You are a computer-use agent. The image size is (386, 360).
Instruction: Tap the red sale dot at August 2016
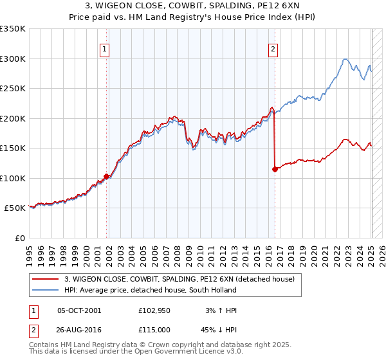tap(275, 169)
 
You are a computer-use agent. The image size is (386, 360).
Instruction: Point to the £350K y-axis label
tap(13, 29)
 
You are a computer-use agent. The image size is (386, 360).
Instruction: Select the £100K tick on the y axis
tap(13, 178)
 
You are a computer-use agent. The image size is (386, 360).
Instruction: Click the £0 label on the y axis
tap(19, 238)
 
